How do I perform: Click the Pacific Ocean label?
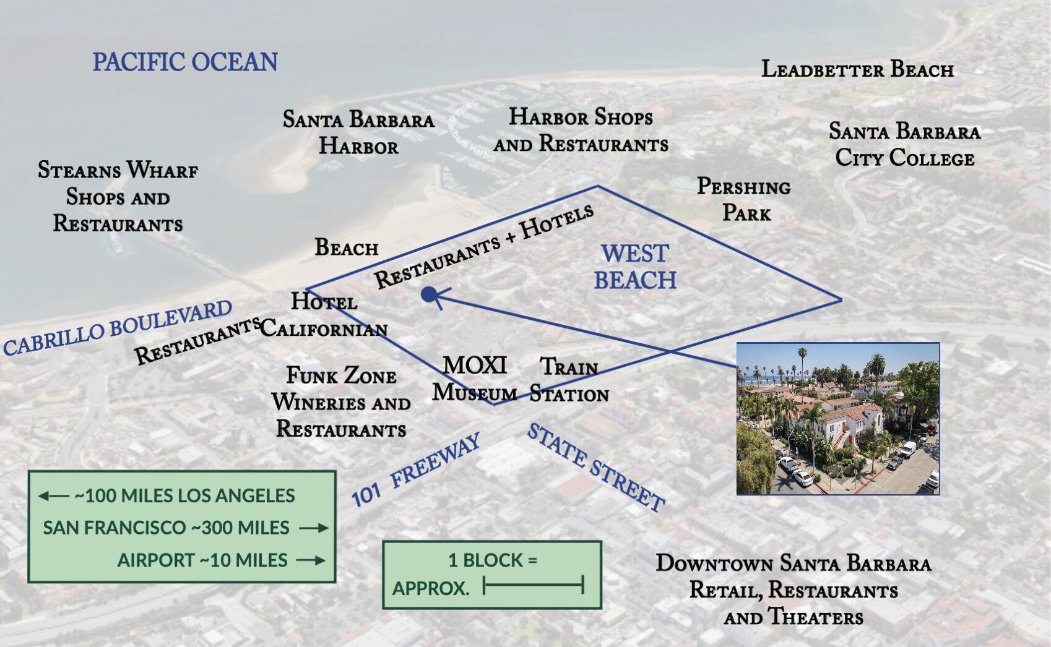(185, 62)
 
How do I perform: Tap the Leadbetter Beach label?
(857, 69)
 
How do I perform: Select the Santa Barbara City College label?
(904, 145)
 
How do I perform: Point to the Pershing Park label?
(744, 200)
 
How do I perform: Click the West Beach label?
(635, 267)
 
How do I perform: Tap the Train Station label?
(569, 380)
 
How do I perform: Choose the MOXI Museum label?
(474, 379)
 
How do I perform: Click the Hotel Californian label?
(324, 315)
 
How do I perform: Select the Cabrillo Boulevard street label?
(118, 327)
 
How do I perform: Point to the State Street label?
(595, 468)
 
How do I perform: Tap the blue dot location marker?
(428, 294)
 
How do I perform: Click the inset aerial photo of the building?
(837, 419)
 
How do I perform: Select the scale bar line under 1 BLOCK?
(533, 584)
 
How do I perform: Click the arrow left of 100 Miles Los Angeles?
(53, 495)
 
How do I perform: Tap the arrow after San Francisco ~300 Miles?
(313, 528)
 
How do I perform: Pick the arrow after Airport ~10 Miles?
(311, 560)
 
